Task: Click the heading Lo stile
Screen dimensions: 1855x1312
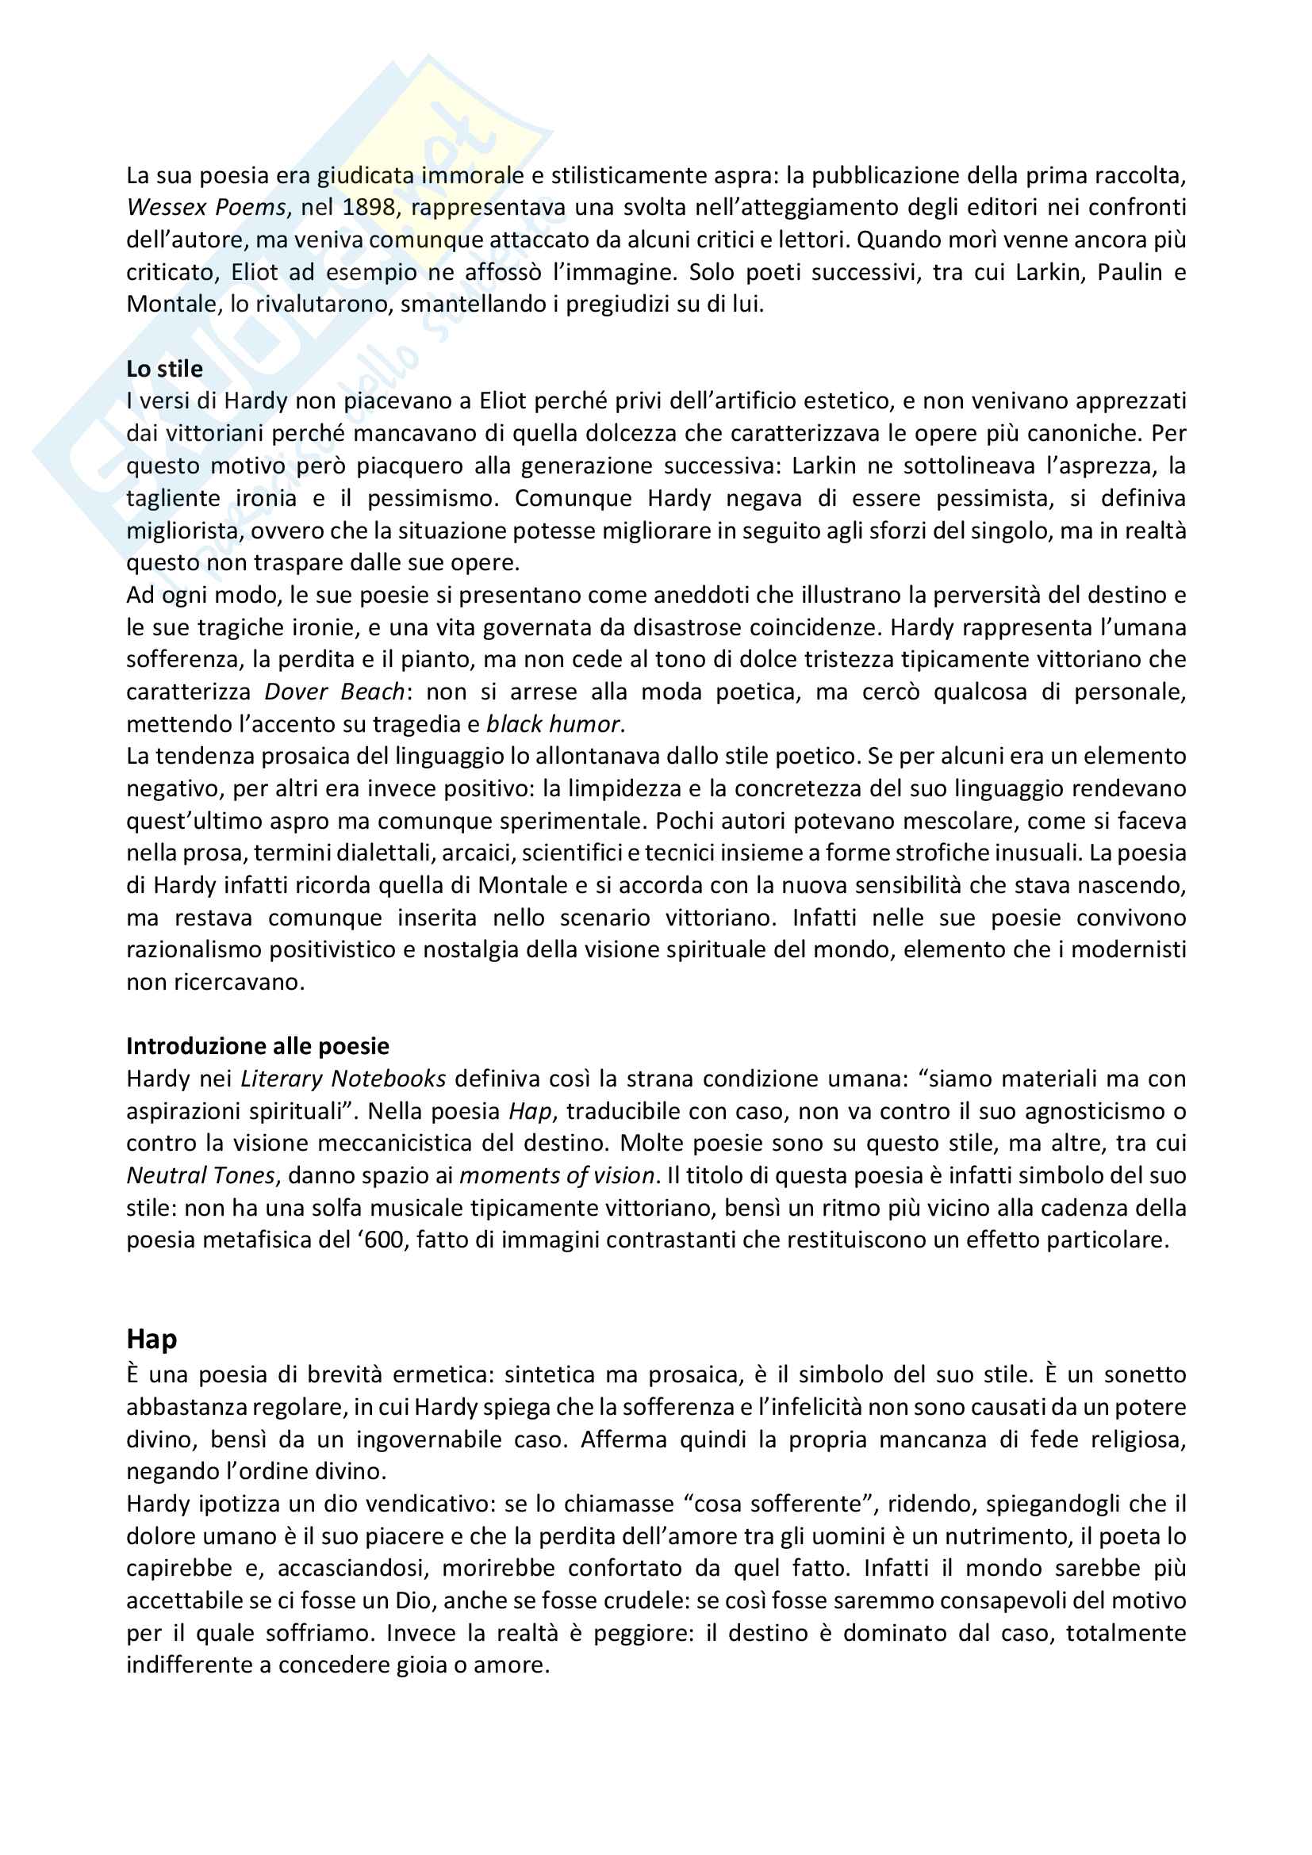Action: tap(164, 370)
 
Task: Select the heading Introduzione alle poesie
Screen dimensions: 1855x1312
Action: tap(257, 1046)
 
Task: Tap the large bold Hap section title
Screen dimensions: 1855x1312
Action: tap(151, 1339)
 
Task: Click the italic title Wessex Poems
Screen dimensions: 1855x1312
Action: tap(206, 208)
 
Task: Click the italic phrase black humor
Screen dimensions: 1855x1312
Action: tap(553, 724)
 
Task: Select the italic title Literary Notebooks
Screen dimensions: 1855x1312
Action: tap(343, 1079)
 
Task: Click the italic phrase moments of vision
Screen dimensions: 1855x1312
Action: tap(557, 1175)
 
